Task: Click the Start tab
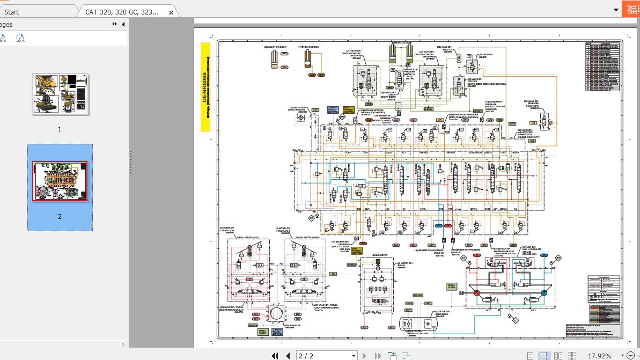[x=11, y=12]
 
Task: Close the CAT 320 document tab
[x=171, y=12]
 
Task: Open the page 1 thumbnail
[x=60, y=94]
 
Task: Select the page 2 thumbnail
[x=60, y=181]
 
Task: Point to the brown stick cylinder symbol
[x=308, y=58]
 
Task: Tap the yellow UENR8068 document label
[x=205, y=86]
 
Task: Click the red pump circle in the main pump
[x=476, y=292]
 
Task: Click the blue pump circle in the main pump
[x=543, y=292]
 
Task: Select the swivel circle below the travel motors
[x=275, y=313]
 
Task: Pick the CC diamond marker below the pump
[x=515, y=321]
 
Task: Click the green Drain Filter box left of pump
[x=451, y=287]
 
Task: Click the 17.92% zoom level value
[x=599, y=356]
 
